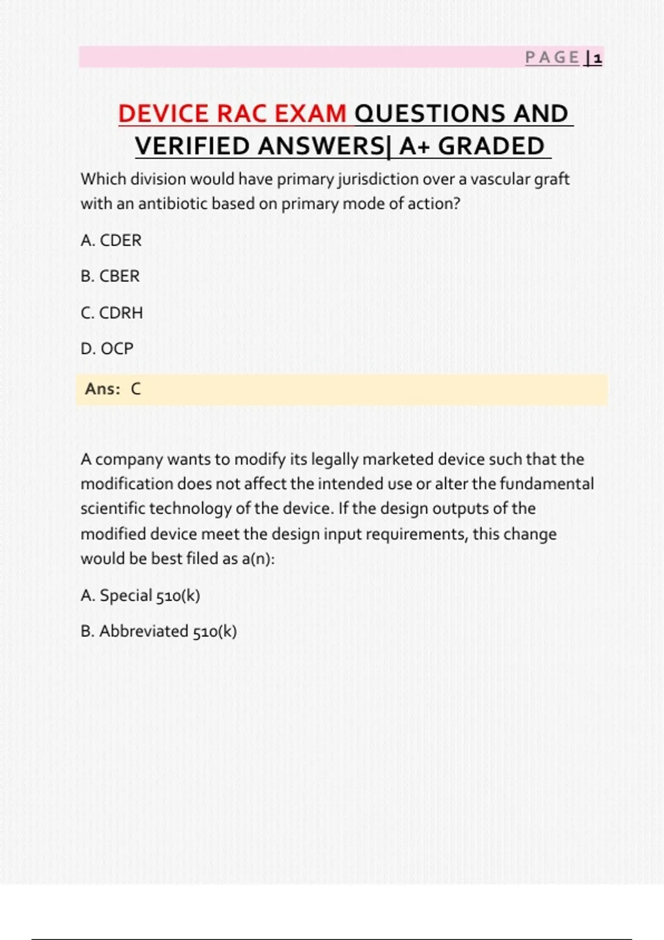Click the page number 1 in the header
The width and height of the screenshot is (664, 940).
click(x=597, y=58)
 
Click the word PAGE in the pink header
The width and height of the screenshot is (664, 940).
click(x=552, y=58)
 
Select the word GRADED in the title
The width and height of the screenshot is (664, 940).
click(x=491, y=147)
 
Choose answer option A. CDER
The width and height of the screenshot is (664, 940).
click(x=111, y=241)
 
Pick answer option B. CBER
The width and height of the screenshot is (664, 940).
click(x=110, y=276)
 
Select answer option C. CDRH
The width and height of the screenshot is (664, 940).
click(x=112, y=313)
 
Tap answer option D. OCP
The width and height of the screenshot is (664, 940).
click(x=107, y=349)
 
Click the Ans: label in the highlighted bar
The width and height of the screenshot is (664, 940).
click(x=103, y=389)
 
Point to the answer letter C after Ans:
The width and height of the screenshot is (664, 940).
click(x=136, y=389)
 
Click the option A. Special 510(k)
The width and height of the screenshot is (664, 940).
click(x=141, y=596)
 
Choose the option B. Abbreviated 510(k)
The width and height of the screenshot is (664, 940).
click(x=159, y=631)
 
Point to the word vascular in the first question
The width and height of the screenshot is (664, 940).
click(x=500, y=180)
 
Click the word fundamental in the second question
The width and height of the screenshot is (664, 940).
click(x=546, y=484)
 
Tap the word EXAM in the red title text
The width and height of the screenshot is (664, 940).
click(x=310, y=114)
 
